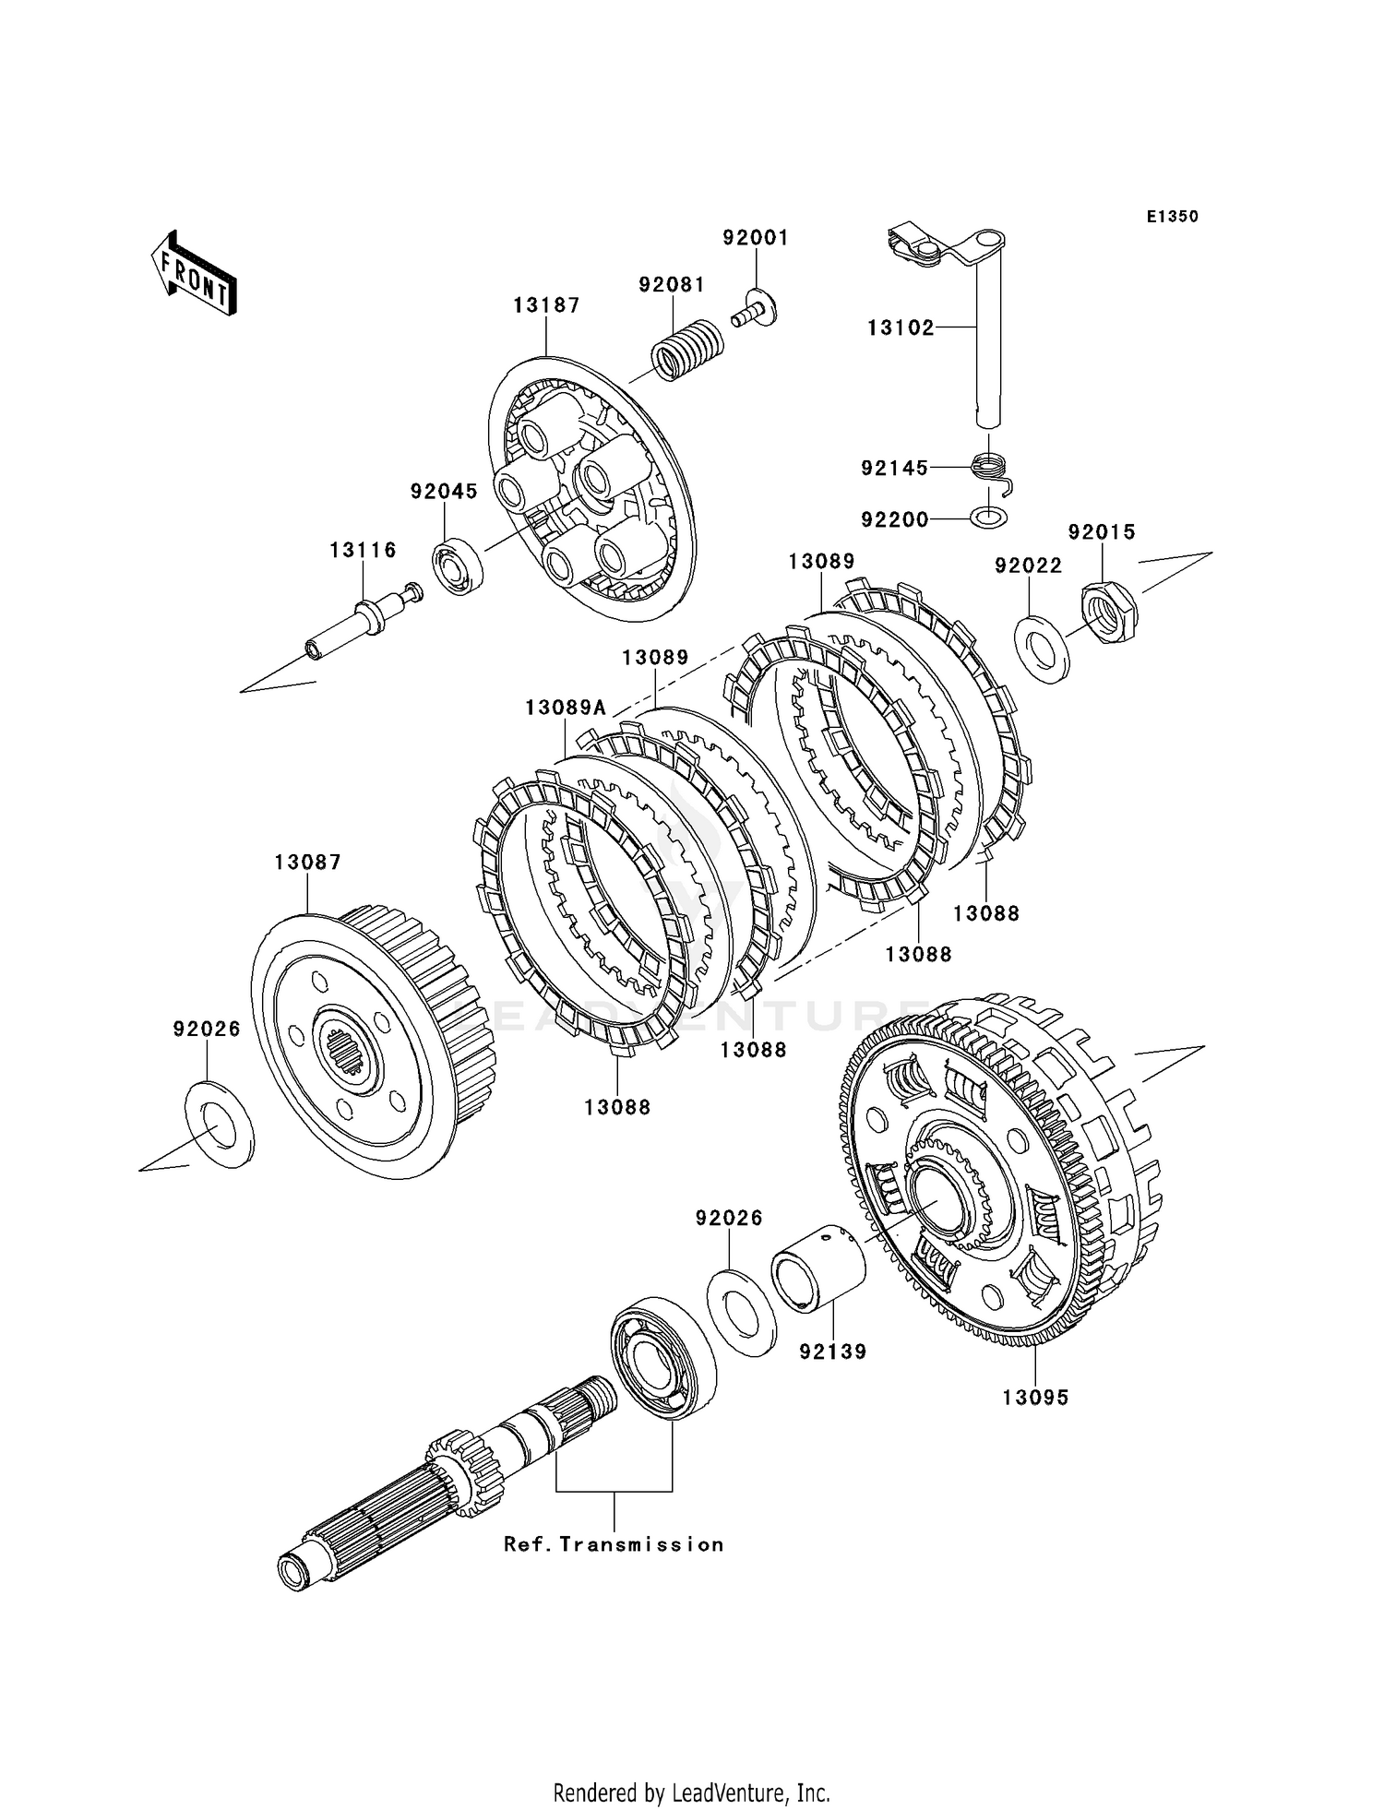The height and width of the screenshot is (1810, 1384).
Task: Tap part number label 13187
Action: point(547,305)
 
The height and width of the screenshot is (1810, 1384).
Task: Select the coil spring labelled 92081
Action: point(687,349)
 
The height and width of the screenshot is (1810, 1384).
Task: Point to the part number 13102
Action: point(901,327)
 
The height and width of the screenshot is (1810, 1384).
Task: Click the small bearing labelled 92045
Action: point(459,566)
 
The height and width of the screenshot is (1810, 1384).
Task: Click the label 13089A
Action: point(566,708)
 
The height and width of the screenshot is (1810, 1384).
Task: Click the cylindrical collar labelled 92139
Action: point(819,1266)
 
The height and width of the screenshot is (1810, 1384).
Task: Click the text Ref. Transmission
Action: point(614,1544)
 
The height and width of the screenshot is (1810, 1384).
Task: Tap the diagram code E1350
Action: point(1173,217)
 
